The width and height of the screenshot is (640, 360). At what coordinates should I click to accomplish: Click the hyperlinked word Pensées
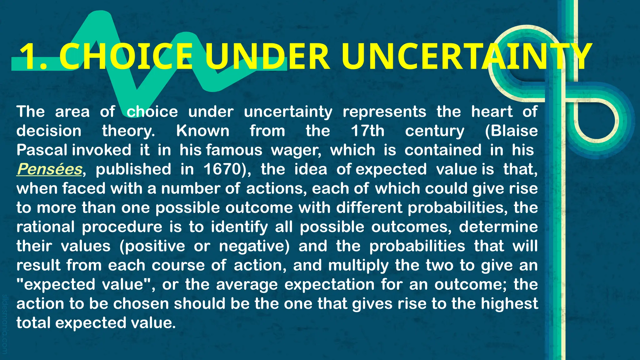(x=49, y=169)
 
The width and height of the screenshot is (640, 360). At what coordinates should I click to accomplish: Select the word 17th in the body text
(x=367, y=131)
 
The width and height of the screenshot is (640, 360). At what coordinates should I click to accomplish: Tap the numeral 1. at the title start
(x=33, y=57)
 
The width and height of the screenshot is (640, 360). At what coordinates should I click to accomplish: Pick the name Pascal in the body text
(x=42, y=150)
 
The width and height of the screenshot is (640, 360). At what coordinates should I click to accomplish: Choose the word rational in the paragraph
(x=46, y=227)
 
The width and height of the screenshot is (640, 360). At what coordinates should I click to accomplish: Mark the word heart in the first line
(x=492, y=112)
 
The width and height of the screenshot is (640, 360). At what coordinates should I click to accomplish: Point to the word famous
(x=234, y=150)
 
